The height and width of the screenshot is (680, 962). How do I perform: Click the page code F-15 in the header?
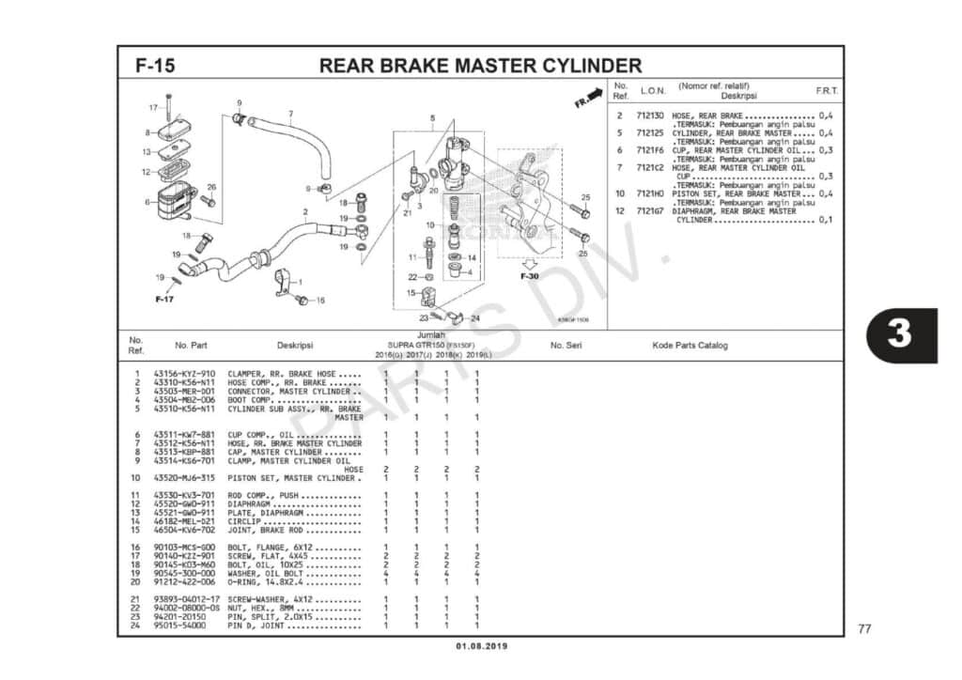[154, 66]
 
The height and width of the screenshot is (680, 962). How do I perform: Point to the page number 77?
[864, 627]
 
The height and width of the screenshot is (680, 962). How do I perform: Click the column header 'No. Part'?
[191, 346]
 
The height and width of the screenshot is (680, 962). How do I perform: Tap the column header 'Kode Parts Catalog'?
[690, 346]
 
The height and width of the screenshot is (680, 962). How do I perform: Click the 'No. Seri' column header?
[567, 346]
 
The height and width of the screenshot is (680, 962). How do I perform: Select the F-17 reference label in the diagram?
[164, 299]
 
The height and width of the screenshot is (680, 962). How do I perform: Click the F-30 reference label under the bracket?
[530, 277]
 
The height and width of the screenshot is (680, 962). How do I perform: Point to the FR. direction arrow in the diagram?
[586, 100]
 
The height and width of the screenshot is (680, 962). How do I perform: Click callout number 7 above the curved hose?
[290, 115]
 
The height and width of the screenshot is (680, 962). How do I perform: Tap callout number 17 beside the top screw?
[153, 107]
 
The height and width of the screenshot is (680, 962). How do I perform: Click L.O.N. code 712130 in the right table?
[650, 116]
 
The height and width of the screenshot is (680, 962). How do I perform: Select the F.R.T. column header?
[827, 91]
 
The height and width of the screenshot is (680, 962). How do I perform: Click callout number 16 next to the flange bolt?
[320, 301]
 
